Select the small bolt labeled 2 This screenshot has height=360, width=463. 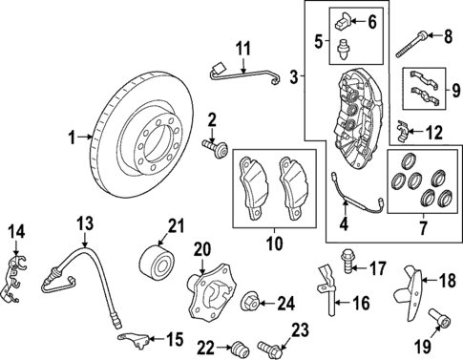click(219, 148)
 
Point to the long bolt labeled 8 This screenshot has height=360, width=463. click(416, 37)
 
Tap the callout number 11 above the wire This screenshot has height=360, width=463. click(242, 47)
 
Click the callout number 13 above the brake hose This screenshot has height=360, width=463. click(84, 224)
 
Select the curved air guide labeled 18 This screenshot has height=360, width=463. click(413, 297)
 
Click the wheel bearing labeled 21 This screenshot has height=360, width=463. click(155, 261)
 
